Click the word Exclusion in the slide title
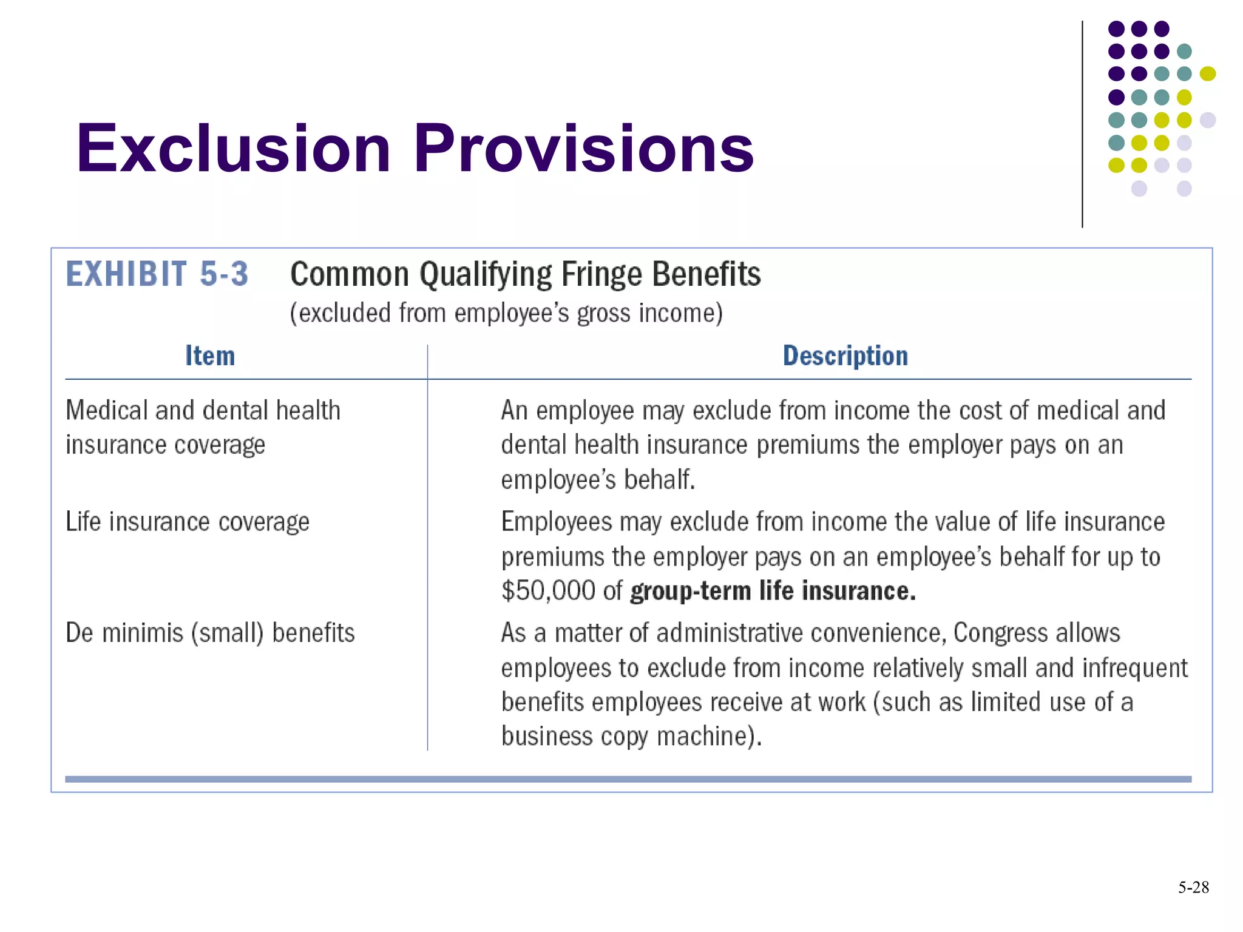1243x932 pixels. [233, 149]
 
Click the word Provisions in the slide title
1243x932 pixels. [583, 149]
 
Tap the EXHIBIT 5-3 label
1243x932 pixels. [157, 274]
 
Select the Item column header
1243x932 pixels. [209, 356]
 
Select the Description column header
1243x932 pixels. [845, 356]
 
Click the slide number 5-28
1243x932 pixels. [1193, 888]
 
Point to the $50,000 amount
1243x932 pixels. [548, 591]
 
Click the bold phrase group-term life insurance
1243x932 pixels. [773, 591]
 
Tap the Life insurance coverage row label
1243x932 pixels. [187, 522]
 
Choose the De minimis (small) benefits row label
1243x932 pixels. [209, 633]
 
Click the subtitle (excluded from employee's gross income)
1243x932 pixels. [506, 313]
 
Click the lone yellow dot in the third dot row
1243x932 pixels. [1207, 74]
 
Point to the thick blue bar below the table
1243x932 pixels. [628, 779]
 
